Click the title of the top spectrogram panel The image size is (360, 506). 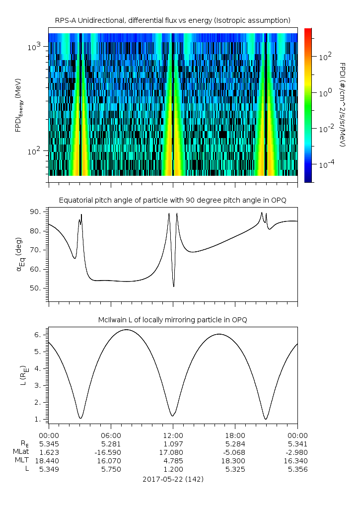pyautogui.click(x=173, y=20)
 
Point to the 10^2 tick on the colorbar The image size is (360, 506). pyautogui.click(x=324, y=57)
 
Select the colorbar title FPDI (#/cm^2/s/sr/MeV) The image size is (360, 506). pyautogui.click(x=342, y=104)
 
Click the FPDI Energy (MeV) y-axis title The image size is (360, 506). pyautogui.click(x=18, y=104)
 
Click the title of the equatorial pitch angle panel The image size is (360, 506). pyautogui.click(x=173, y=200)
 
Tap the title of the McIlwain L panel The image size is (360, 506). pyautogui.click(x=173, y=320)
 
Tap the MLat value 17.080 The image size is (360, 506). pyautogui.click(x=173, y=452)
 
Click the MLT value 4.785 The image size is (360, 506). pyautogui.click(x=173, y=460)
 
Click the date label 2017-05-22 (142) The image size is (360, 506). pyautogui.click(x=173, y=479)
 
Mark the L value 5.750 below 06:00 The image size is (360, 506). pyautogui.click(x=111, y=469)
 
